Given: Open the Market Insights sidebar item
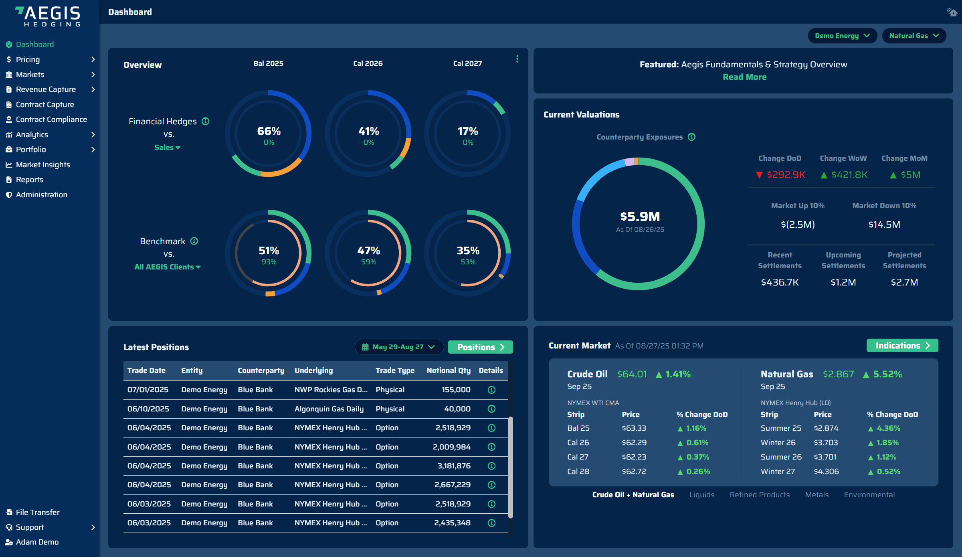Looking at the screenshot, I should (42, 164).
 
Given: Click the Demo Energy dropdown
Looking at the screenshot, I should (842, 36).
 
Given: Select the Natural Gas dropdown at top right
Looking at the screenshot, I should (913, 36).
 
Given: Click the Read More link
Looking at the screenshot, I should (744, 77).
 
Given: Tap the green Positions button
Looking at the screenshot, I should (480, 347).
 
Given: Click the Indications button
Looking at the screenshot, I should (902, 346).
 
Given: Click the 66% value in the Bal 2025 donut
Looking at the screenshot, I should (269, 131).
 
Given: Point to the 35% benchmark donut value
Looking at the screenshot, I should (468, 251).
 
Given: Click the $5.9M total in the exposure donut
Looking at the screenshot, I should (640, 217).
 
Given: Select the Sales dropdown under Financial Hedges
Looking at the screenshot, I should (167, 148).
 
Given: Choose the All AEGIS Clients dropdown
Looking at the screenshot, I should (167, 267).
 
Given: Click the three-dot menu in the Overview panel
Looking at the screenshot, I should (517, 59).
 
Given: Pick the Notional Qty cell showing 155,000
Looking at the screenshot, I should (456, 390).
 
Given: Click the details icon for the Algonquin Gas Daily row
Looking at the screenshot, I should (491, 409).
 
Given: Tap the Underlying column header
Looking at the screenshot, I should (313, 371).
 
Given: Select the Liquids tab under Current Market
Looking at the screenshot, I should (701, 495).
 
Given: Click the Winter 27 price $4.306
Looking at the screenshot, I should (826, 472).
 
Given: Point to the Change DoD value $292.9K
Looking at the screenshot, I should (786, 175).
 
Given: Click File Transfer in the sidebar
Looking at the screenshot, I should (37, 512).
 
